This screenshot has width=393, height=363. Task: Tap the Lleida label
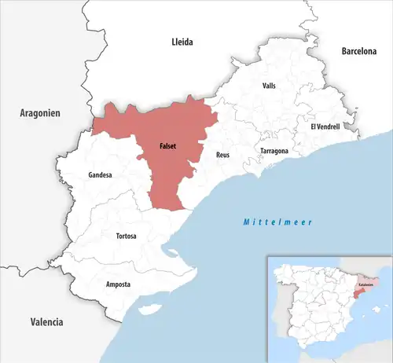182,42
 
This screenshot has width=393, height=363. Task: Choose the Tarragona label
274,150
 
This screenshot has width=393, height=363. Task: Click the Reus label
223,156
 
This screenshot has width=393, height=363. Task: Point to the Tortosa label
127,236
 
